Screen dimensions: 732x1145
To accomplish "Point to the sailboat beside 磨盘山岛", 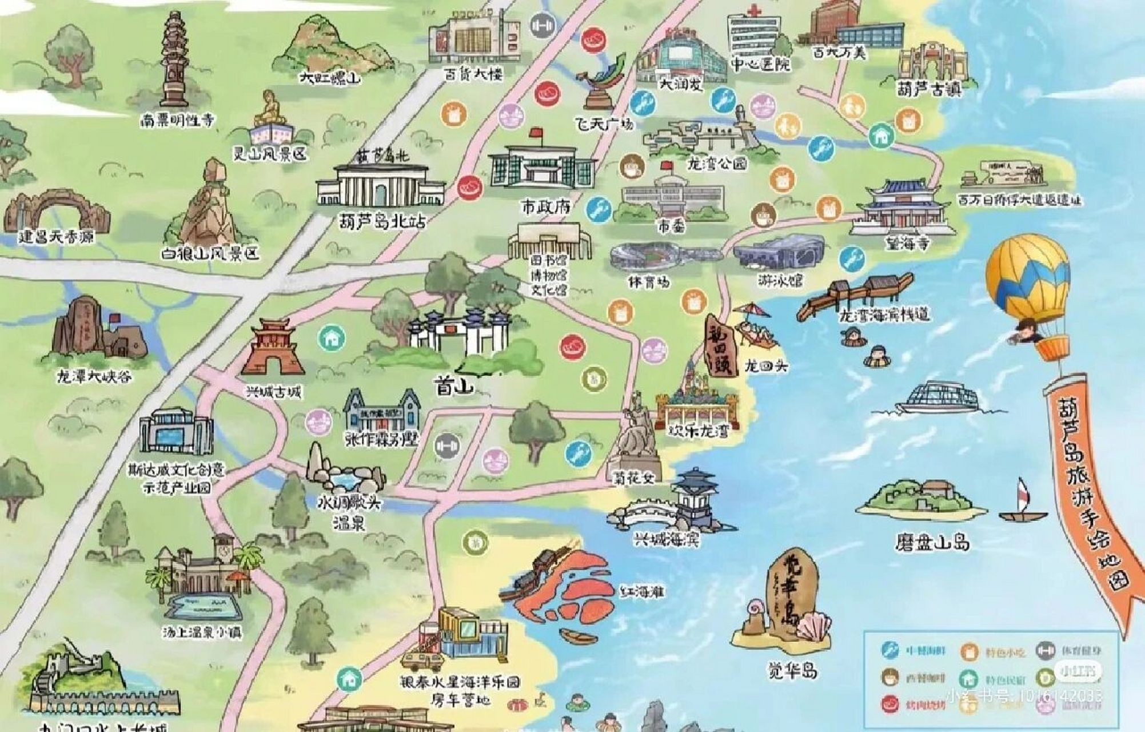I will coord(1023,503).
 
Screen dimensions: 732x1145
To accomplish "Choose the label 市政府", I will coord(545,206).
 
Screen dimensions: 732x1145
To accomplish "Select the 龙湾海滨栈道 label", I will coord(884,315).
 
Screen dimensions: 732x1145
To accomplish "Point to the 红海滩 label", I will coord(642,592).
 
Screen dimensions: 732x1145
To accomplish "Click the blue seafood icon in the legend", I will coord(889,650).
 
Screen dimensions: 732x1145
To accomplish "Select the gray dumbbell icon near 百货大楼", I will coord(542,26).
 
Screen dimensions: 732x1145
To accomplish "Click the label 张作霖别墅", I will coord(381,439).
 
